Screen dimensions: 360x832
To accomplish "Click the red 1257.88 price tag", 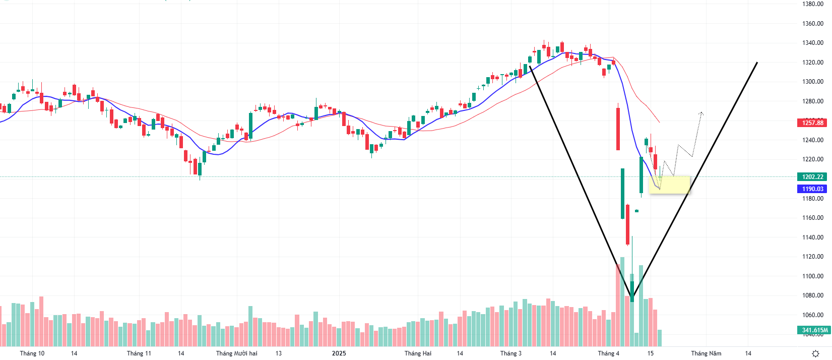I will [x=812, y=123].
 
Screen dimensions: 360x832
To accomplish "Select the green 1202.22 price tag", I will [x=812, y=177].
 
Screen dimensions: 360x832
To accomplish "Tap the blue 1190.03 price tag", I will [x=812, y=189].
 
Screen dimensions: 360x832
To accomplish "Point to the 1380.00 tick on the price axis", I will [x=812, y=4].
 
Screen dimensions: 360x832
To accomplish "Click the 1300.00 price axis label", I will [x=812, y=82].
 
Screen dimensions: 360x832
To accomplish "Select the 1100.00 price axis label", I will [x=812, y=276].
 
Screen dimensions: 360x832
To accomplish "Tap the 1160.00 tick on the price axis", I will [x=812, y=218].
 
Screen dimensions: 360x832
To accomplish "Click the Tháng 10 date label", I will [x=32, y=353].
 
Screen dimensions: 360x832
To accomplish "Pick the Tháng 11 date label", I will [x=139, y=353].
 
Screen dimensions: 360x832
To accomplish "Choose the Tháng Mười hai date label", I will [x=236, y=353].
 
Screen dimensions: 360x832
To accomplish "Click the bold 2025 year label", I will [x=339, y=353].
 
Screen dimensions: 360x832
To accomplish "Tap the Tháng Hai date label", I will [x=418, y=353].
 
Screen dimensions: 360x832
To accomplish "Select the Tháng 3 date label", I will [x=510, y=353].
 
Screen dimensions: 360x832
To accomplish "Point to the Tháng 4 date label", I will [x=608, y=353].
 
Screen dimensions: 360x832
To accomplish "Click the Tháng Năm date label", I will [x=706, y=353].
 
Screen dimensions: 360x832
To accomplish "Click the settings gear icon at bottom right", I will [x=815, y=353].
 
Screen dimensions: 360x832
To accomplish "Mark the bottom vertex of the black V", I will [x=633, y=297].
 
